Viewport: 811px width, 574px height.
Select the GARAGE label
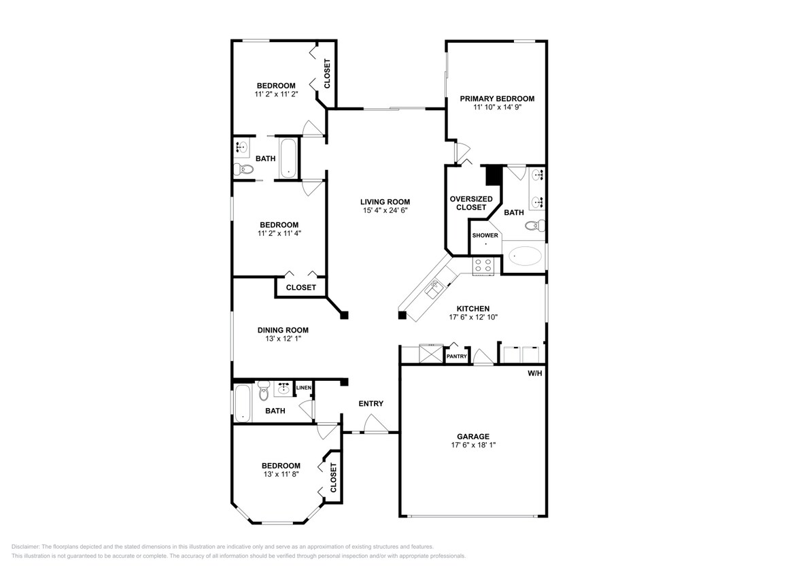(472, 437)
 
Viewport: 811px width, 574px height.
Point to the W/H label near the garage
(536, 373)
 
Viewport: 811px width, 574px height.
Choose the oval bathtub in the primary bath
(525, 257)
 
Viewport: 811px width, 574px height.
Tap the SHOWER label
(485, 235)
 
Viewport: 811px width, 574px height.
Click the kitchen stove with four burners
(483, 265)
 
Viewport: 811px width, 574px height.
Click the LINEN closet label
(303, 388)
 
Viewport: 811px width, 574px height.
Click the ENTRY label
(371, 403)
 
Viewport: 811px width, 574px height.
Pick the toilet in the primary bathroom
(534, 225)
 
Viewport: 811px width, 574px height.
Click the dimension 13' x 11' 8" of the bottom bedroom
(281, 474)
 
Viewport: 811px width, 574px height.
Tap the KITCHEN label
(472, 309)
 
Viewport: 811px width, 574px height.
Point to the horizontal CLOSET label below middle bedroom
(300, 288)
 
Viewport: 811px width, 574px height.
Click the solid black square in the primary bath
(493, 175)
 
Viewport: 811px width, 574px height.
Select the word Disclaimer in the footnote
(26, 546)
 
